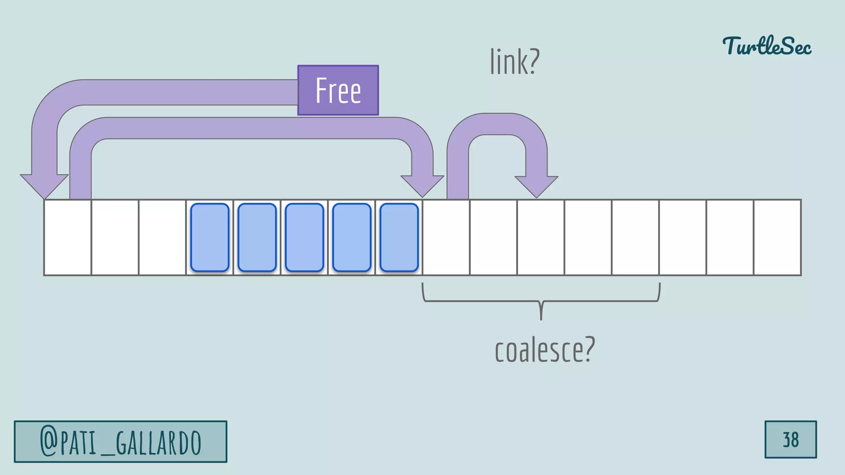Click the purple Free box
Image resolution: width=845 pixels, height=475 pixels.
coord(338,90)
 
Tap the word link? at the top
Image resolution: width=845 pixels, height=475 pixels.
coord(515,61)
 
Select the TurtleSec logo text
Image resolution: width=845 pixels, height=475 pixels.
coord(767,46)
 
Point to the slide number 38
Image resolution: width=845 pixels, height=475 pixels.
coord(791,440)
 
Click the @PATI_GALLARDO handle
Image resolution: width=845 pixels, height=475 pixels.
coord(120,442)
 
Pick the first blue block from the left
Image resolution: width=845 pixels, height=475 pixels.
coord(210,237)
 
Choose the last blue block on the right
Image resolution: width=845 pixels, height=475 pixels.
coord(399,237)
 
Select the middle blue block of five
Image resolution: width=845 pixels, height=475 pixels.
coord(304,237)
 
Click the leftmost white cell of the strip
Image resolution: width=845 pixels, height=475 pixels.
coord(68,237)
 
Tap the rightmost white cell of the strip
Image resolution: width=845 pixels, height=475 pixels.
coord(777,237)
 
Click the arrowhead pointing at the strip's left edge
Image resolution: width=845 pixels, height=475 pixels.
coord(44,186)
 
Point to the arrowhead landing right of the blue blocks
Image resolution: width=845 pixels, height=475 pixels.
coord(422,186)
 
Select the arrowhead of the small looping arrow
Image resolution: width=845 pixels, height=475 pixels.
coord(536,186)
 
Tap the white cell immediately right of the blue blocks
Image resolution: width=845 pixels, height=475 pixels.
coord(446,237)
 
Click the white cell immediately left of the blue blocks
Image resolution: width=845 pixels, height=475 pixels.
coord(162,237)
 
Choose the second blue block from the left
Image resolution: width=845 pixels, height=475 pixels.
coord(257,237)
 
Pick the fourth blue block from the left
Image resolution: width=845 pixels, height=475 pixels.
coord(352,237)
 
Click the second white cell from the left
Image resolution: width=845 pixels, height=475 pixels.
coord(115,237)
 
